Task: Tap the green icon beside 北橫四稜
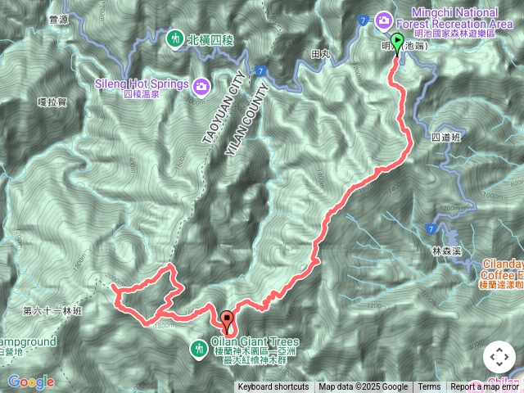(x=175, y=38)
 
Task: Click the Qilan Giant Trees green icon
(x=198, y=350)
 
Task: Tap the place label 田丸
(x=320, y=54)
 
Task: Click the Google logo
(x=31, y=382)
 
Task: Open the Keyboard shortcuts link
(x=273, y=387)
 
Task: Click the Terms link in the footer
(x=429, y=387)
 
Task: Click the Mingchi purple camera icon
(x=383, y=19)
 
